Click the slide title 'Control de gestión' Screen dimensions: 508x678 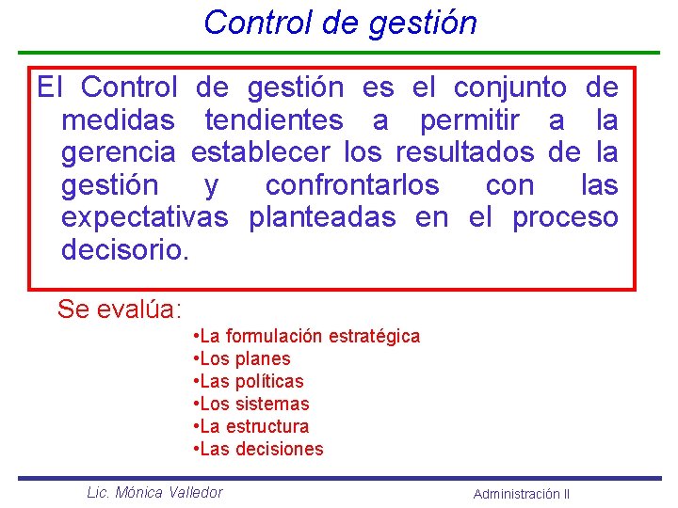(x=340, y=22)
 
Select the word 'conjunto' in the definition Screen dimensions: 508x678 (x=509, y=88)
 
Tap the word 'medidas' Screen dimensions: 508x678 (x=118, y=120)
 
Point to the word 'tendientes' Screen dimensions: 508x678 (x=273, y=120)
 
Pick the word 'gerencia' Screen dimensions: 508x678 (x=118, y=152)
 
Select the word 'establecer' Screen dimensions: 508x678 (x=261, y=152)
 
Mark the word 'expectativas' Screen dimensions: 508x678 (x=144, y=217)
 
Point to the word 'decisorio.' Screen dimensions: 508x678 (x=125, y=250)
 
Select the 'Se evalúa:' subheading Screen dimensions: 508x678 (x=120, y=309)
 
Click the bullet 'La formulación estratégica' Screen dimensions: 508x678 (x=305, y=336)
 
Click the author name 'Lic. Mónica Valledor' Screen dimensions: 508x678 (x=154, y=492)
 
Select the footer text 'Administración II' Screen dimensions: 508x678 (x=521, y=494)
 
